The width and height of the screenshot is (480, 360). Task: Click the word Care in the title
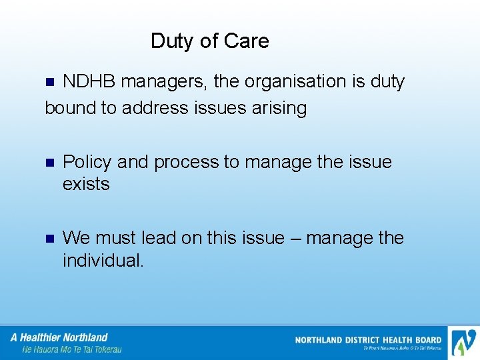tap(247, 41)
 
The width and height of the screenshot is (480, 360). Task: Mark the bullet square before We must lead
tap(48, 239)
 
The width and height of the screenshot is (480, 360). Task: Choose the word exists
tap(86, 184)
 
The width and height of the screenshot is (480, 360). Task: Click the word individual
tap(103, 260)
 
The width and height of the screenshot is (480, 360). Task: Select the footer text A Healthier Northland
tap(59, 337)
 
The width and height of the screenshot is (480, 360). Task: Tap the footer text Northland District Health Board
tap(368, 340)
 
